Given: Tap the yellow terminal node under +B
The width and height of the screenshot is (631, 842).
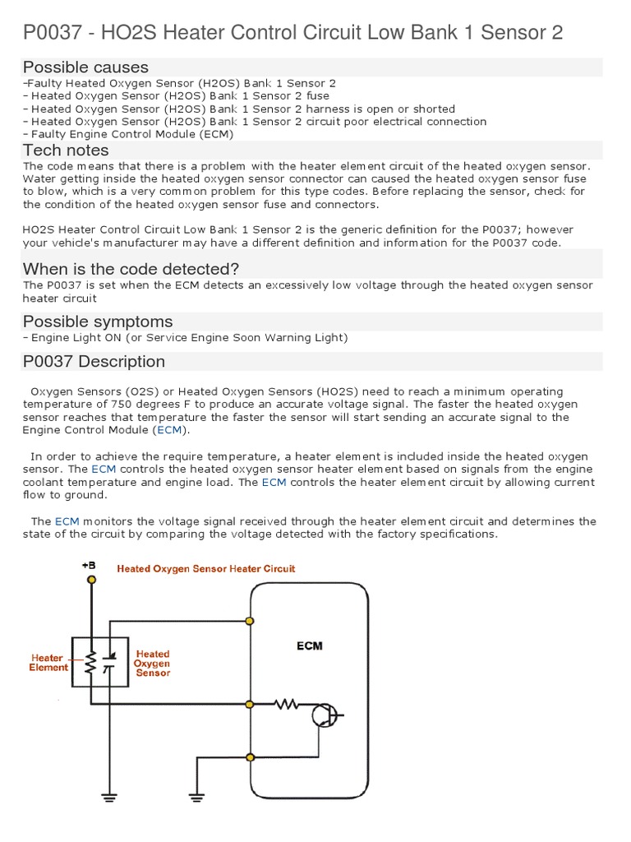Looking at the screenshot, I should pyautogui.click(x=91, y=580).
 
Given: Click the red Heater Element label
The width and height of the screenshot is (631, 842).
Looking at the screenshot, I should pyautogui.click(x=48, y=663).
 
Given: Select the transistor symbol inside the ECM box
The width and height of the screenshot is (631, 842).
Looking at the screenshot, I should pyautogui.click(x=324, y=715).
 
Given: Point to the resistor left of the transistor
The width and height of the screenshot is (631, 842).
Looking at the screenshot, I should pyautogui.click(x=287, y=704).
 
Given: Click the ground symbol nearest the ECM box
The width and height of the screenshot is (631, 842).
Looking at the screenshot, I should pyautogui.click(x=196, y=796).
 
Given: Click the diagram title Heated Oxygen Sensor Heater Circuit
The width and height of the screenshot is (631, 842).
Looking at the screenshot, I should pyautogui.click(x=206, y=568).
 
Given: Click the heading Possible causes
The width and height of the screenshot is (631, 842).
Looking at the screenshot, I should pyautogui.click(x=85, y=67).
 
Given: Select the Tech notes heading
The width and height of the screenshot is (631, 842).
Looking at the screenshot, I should pyautogui.click(x=66, y=150).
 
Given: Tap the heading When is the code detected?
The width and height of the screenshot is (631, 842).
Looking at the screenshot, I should pyautogui.click(x=131, y=269).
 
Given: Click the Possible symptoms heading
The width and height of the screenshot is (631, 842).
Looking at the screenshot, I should pyautogui.click(x=98, y=321).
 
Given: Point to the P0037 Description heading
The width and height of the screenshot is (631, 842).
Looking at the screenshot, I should pyautogui.click(x=94, y=362).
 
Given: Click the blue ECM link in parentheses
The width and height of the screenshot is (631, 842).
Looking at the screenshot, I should pyautogui.click(x=169, y=430).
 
